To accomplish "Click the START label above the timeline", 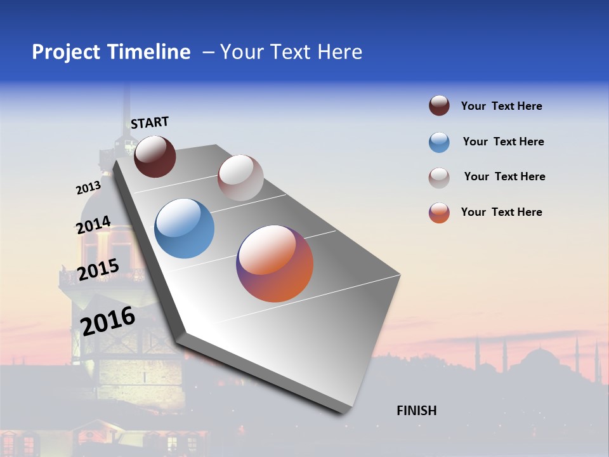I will [x=150, y=122].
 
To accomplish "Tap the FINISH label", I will [x=416, y=411].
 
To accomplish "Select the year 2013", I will [x=88, y=188].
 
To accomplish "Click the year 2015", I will [x=98, y=270].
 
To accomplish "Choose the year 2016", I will [x=108, y=321].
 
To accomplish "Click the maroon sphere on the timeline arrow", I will [x=155, y=156].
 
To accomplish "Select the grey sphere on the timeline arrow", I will [x=240, y=178].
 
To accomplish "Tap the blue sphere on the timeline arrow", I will [x=185, y=228].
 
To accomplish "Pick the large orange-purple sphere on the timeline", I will [x=275, y=263].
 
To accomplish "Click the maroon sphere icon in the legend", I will [x=439, y=106].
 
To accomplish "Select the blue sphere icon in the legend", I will [x=439, y=142].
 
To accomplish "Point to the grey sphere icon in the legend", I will [x=439, y=178].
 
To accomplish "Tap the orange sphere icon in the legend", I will [x=439, y=213].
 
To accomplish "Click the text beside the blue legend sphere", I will [x=503, y=142].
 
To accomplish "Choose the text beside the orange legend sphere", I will [x=501, y=212].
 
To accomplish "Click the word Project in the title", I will [x=65, y=52].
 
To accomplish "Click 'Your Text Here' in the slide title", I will [x=291, y=52].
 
